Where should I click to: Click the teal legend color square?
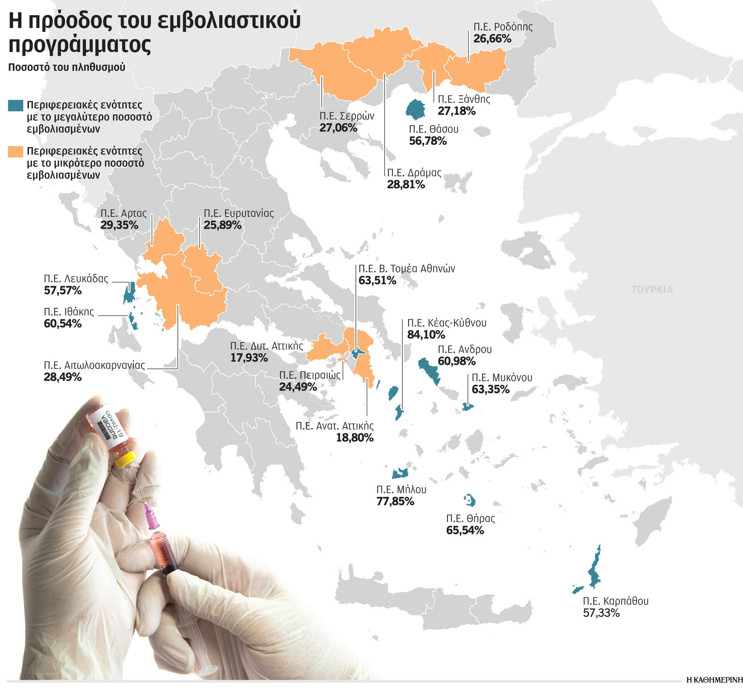(x=15, y=106)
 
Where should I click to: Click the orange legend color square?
(x=15, y=152)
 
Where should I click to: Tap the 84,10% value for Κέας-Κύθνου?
(x=426, y=335)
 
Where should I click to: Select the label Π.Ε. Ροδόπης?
(x=503, y=27)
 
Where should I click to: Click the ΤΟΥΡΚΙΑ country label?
(x=651, y=290)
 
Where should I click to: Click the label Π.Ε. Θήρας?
(x=471, y=518)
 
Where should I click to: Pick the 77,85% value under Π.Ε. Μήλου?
(x=395, y=502)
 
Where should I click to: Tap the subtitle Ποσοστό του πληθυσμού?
(x=67, y=67)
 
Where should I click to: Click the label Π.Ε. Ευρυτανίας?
(x=238, y=213)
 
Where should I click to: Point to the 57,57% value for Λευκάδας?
(x=62, y=291)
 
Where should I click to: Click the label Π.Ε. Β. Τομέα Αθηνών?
(x=406, y=268)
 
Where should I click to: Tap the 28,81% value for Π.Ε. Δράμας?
(x=406, y=185)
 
